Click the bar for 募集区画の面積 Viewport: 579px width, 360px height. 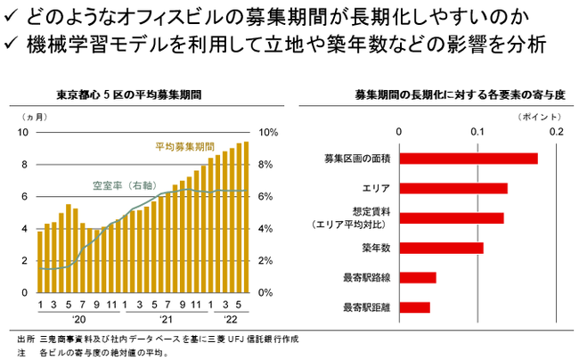click(469, 159)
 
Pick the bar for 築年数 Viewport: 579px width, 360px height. click(441, 248)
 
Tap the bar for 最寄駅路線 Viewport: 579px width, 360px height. click(418, 277)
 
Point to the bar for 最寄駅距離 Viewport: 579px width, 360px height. click(414, 307)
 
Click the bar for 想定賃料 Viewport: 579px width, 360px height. click(452, 218)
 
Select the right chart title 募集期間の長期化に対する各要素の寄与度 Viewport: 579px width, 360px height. click(436, 93)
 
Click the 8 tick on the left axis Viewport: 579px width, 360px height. click(25, 164)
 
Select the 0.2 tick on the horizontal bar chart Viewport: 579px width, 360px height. click(558, 132)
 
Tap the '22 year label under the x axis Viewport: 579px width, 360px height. click(229, 318)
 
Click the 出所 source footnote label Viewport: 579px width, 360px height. click(24, 340)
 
